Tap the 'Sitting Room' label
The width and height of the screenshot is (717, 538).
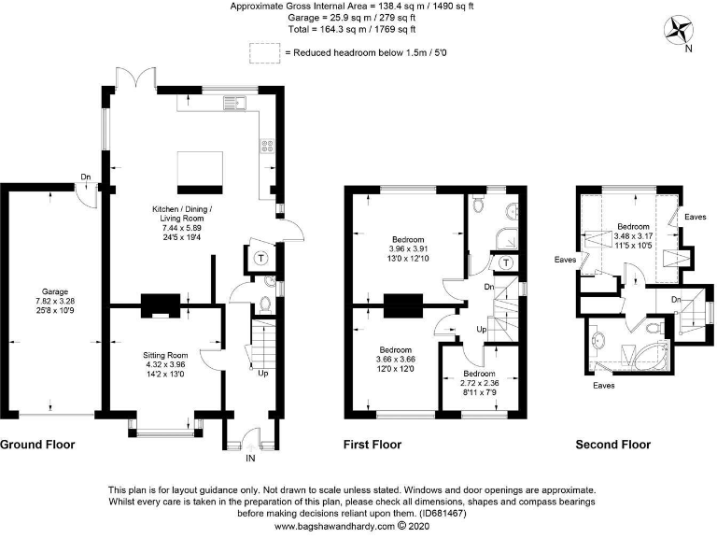pos(165,355)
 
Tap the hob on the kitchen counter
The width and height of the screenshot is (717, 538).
pos(266,146)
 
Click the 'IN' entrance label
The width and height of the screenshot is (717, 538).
pos(249,459)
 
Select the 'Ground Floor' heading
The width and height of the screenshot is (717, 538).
pos(37,445)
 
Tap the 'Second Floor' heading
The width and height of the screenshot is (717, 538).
pos(612,445)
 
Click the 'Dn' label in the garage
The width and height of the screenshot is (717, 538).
pos(85,177)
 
